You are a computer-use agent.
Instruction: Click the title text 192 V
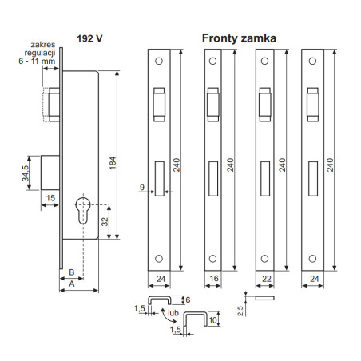point(89,36)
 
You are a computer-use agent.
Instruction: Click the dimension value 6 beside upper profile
point(188,299)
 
